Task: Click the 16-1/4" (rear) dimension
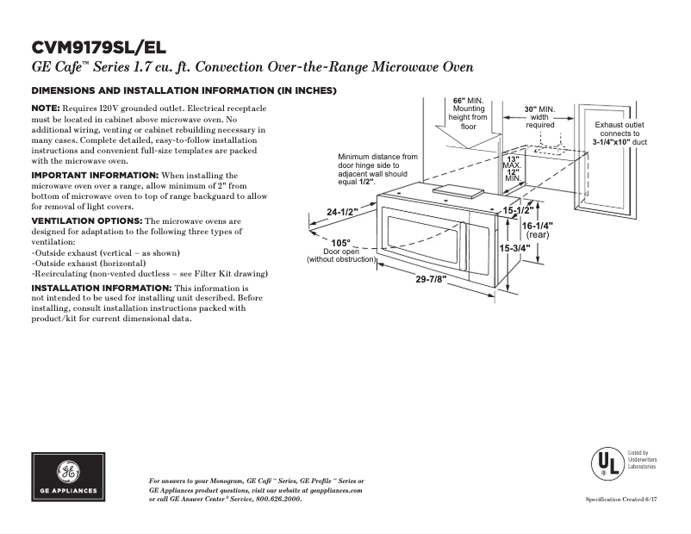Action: pyautogui.click(x=538, y=229)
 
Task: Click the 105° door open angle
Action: pyautogui.click(x=340, y=243)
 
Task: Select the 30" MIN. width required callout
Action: pyautogui.click(x=541, y=117)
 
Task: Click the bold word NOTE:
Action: pyautogui.click(x=45, y=107)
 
